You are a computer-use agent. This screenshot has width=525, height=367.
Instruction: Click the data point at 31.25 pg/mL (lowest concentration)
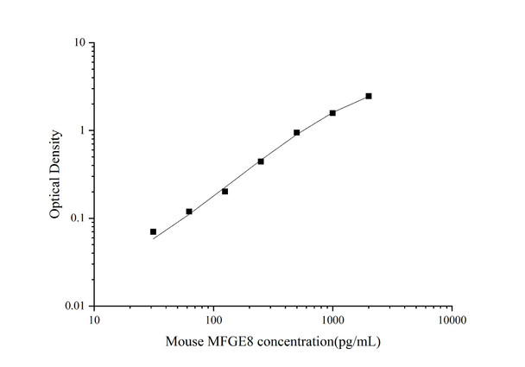point(153,231)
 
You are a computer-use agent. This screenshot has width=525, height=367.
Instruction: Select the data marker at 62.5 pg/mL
point(189,212)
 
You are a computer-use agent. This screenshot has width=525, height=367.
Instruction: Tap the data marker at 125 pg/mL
point(225,191)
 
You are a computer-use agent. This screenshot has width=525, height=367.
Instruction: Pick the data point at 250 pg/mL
point(261,161)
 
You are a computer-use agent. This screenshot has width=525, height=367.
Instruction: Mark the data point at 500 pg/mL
point(297,133)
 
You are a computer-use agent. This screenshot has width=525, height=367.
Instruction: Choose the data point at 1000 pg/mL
point(332,113)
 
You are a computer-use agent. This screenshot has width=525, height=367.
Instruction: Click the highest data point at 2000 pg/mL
point(369,96)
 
